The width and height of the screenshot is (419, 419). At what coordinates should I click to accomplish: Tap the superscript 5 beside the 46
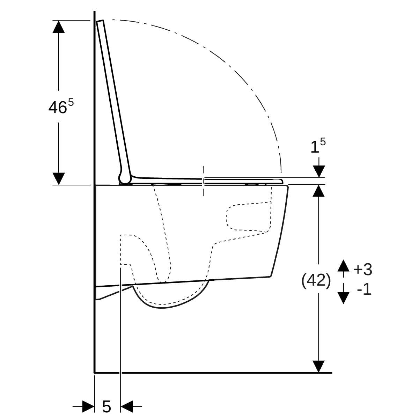(71, 102)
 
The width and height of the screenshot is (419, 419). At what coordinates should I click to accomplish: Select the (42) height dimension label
(316, 280)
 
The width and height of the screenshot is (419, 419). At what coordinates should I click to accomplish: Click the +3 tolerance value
(363, 269)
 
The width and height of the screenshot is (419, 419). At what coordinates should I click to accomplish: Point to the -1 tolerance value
(364, 289)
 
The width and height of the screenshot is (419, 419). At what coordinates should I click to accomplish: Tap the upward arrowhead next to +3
(343, 265)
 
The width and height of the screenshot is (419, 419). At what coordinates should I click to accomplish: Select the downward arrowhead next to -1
(343, 298)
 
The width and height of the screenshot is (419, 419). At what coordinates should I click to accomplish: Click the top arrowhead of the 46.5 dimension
(59, 27)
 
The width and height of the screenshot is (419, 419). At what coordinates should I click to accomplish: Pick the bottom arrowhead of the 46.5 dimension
(59, 179)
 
